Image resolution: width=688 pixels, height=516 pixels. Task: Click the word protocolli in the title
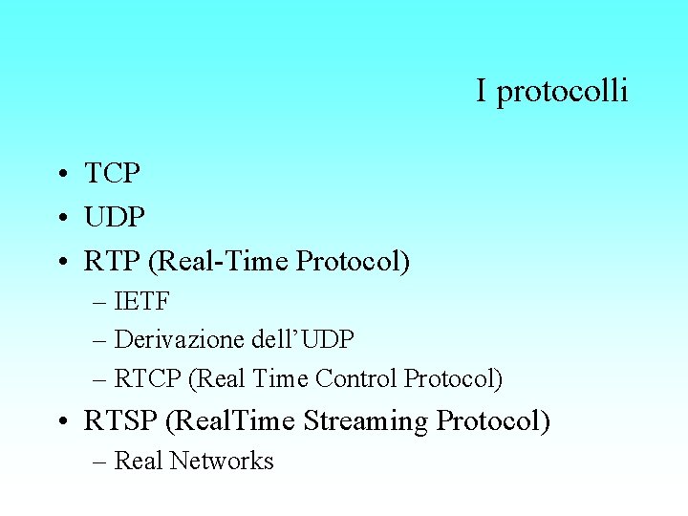[x=563, y=92]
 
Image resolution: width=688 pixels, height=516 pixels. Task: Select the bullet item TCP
[x=113, y=174]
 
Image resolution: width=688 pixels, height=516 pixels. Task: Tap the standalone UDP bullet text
[x=115, y=217]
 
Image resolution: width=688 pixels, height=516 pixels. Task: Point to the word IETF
[x=142, y=303]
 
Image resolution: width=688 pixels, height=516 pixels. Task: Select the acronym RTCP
[x=149, y=378]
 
